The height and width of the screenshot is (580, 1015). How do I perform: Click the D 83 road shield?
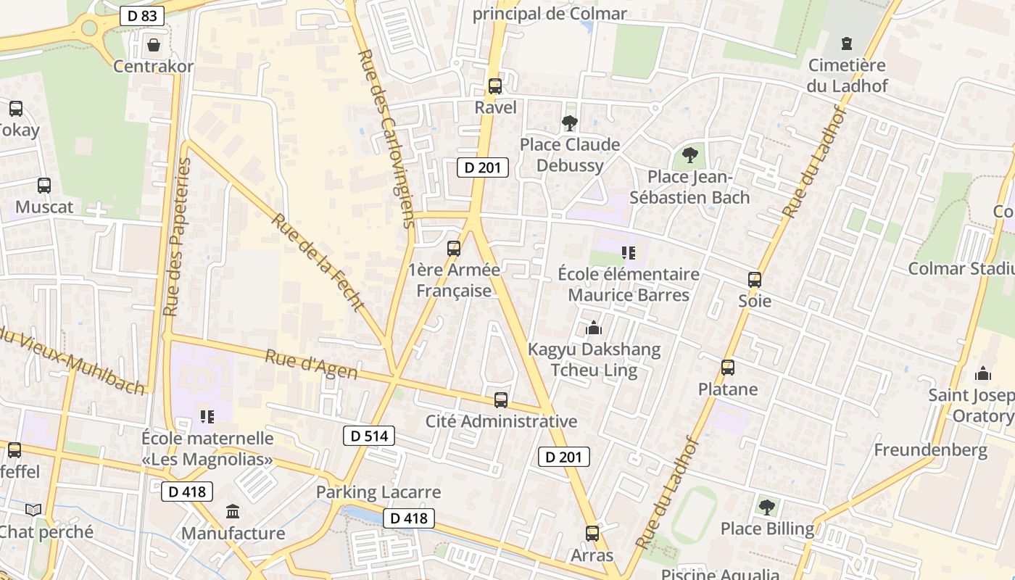142,15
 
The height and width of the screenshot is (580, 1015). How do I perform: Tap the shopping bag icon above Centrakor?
154,45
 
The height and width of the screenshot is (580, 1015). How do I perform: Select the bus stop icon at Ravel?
495,86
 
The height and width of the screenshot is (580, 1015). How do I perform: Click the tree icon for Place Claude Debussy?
570,123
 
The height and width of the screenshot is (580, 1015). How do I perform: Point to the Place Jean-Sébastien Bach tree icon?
689,155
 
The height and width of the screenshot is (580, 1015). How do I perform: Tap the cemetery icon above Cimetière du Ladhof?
847,43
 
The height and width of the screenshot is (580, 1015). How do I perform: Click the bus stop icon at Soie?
755,279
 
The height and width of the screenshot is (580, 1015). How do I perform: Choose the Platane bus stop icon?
728,368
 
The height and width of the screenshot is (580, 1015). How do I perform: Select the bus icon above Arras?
592,534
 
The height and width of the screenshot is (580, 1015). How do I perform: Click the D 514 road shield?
368,436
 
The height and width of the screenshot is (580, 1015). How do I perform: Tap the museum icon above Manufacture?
233,512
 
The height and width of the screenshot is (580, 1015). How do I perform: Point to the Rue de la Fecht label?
318,262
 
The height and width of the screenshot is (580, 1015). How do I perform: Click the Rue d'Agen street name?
311,364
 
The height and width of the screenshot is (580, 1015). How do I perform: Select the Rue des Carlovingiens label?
387,138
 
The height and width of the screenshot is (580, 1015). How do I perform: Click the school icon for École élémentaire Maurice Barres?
629,253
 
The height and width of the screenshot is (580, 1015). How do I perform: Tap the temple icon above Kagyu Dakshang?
594,328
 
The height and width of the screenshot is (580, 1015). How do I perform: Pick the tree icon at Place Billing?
767,507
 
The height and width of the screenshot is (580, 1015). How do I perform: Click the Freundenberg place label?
930,449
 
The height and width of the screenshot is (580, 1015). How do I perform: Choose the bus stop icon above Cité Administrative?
501,400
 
